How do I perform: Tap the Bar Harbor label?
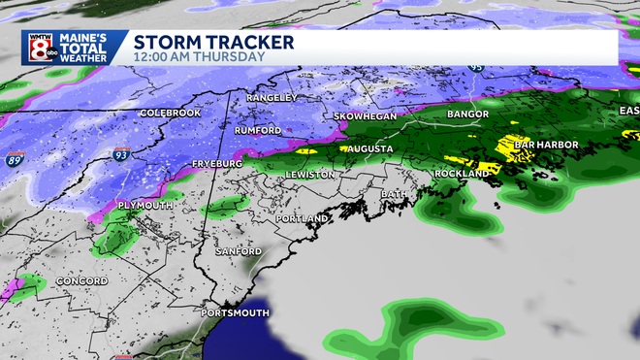point(545,145)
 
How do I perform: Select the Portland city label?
point(303,219)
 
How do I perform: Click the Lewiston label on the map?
point(310,175)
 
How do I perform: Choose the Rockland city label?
point(463,173)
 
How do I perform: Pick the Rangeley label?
point(268,98)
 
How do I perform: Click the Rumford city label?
point(258,130)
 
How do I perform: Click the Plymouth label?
point(144,206)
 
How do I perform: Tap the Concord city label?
point(61,282)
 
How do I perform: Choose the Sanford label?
point(239,251)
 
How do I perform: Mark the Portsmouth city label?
point(234,313)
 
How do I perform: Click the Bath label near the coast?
point(395,194)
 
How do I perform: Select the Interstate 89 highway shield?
point(14,158)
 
